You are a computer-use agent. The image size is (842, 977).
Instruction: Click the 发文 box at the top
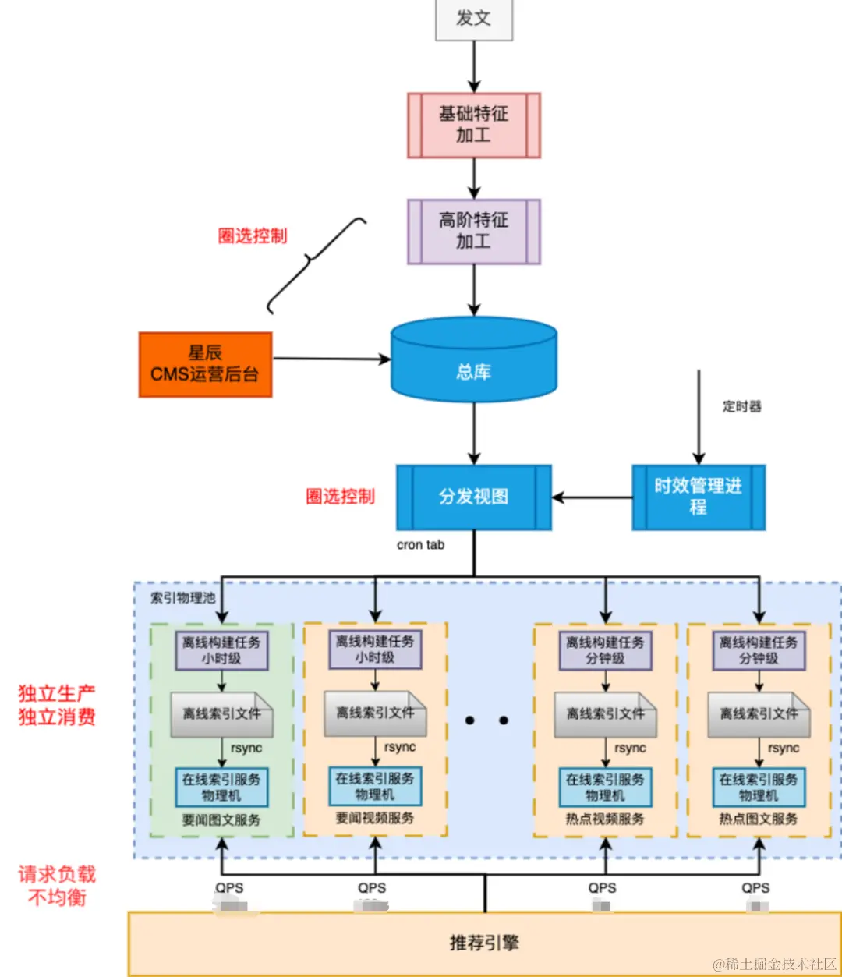pyautogui.click(x=473, y=19)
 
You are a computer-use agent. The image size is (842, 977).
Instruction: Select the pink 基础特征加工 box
pyautogui.click(x=473, y=125)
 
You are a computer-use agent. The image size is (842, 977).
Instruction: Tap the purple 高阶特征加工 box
pyautogui.click(x=473, y=231)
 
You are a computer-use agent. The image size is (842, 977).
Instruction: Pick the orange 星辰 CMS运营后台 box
pyautogui.click(x=205, y=364)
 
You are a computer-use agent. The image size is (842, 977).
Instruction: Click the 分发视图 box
pyautogui.click(x=473, y=497)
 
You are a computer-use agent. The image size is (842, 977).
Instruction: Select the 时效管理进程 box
pyautogui.click(x=698, y=497)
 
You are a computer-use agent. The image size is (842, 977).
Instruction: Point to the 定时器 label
pyautogui.click(x=741, y=406)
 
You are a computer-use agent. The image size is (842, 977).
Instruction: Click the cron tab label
pyautogui.click(x=420, y=545)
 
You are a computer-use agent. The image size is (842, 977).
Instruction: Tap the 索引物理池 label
pyautogui.click(x=182, y=598)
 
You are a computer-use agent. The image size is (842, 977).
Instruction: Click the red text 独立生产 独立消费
pyautogui.click(x=57, y=705)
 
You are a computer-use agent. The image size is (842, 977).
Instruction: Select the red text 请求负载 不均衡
pyautogui.click(x=57, y=886)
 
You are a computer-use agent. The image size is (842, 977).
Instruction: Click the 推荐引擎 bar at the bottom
pyautogui.click(x=483, y=943)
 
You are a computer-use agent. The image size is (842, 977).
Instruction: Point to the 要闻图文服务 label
pyautogui.click(x=221, y=820)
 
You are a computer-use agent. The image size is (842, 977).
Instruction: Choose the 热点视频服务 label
pyautogui.click(x=605, y=819)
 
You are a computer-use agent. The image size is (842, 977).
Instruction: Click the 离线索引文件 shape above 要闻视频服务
pyautogui.click(x=375, y=713)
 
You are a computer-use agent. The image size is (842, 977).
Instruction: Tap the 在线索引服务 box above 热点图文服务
pyautogui.click(x=758, y=787)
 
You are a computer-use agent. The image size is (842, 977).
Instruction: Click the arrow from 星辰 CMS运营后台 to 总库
pyautogui.click(x=331, y=359)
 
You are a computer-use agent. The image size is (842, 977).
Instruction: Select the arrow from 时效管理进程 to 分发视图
pyautogui.click(x=592, y=497)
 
